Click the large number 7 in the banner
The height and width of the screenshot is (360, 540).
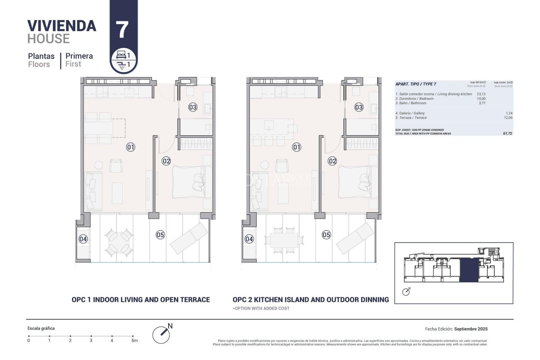click(122, 30)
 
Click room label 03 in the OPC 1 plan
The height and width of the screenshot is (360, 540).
click(193, 107)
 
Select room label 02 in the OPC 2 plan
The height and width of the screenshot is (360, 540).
click(332, 161)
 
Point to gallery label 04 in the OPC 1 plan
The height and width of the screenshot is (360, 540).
click(83, 239)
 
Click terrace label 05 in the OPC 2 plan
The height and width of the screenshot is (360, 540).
click(326, 235)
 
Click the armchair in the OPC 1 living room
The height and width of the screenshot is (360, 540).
click(116, 166)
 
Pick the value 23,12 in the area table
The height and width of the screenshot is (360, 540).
click(481, 94)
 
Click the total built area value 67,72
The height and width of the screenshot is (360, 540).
click(507, 134)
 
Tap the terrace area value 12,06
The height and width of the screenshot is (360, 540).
click(508, 118)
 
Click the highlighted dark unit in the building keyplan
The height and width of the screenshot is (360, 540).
click(469, 270)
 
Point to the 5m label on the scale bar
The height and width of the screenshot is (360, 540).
click(134, 341)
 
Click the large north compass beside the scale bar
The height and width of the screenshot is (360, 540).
click(161, 335)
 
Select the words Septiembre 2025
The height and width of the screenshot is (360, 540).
click(471, 329)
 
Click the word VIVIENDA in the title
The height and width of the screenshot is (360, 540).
click(62, 26)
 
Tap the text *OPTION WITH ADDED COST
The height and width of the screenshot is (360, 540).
click(261, 309)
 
